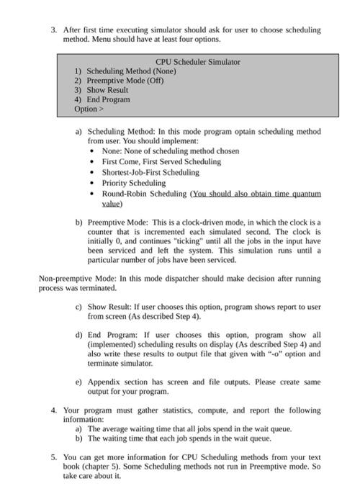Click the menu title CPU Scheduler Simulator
197,62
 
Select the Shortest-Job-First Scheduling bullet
150,173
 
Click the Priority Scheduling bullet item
133,183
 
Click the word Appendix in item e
104,382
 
